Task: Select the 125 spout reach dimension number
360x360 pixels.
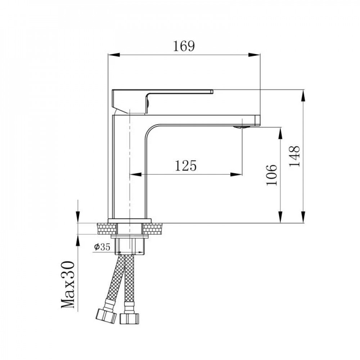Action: (x=186, y=166)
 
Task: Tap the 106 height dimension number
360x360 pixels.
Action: (x=272, y=175)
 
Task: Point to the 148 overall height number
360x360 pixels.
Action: (x=295, y=156)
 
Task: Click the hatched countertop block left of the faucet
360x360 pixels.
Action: (x=107, y=229)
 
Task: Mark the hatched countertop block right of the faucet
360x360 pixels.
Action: (x=154, y=229)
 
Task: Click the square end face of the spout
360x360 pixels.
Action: (x=257, y=120)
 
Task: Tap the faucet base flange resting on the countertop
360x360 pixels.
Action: (x=130, y=220)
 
